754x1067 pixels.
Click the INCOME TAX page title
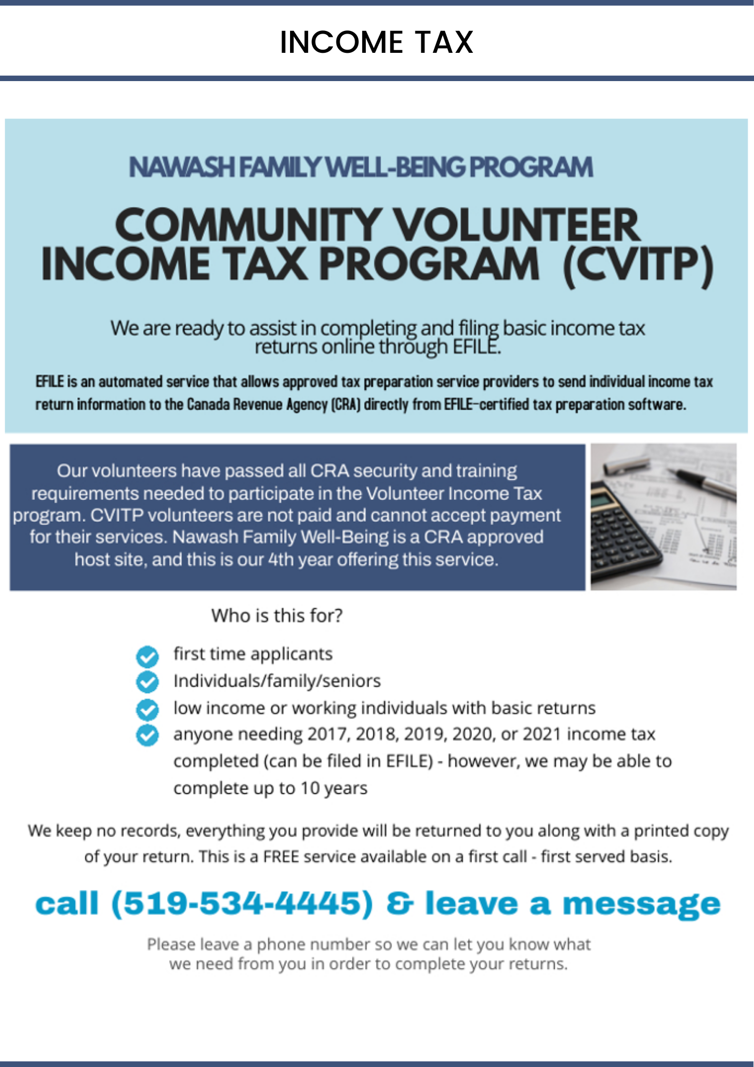click(376, 42)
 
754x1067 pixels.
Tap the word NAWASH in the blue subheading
click(181, 167)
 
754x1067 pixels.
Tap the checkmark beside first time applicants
click(147, 656)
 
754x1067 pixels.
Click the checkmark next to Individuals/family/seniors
click(147, 682)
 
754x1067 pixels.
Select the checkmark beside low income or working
click(147, 709)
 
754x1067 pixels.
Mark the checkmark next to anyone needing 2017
click(147, 735)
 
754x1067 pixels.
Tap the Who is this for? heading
click(277, 616)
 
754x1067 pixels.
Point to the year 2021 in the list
click(542, 735)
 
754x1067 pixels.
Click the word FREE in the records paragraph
click(280, 857)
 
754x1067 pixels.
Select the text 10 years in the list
click(334, 789)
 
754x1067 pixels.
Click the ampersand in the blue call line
click(399, 904)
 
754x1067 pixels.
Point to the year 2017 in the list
click(327, 735)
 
